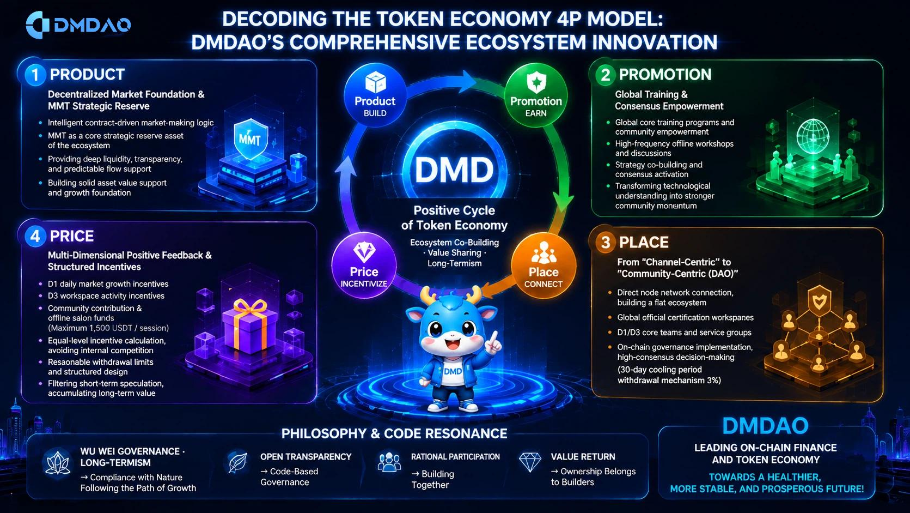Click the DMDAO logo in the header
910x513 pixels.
tap(78, 25)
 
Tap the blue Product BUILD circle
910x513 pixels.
tap(375, 95)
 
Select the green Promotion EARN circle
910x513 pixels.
tap(536, 95)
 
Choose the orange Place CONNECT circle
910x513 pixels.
tap(543, 265)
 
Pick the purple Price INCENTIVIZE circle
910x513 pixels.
tap(364, 265)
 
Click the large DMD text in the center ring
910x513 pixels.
tap(454, 170)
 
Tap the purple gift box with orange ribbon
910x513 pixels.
tap(250, 325)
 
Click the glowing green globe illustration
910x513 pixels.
tap(813, 136)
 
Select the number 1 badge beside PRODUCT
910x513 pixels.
tap(35, 75)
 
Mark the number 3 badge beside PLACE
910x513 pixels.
tap(606, 243)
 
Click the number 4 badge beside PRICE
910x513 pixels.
tap(35, 237)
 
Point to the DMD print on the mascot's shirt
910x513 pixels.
tap(453, 371)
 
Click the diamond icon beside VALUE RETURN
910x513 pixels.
tap(530, 462)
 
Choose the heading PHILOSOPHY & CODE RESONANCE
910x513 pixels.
tap(394, 433)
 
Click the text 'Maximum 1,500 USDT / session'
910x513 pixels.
tap(108, 328)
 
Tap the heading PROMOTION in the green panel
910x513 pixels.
tap(665, 75)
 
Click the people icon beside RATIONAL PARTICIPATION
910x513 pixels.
tap(389, 462)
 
